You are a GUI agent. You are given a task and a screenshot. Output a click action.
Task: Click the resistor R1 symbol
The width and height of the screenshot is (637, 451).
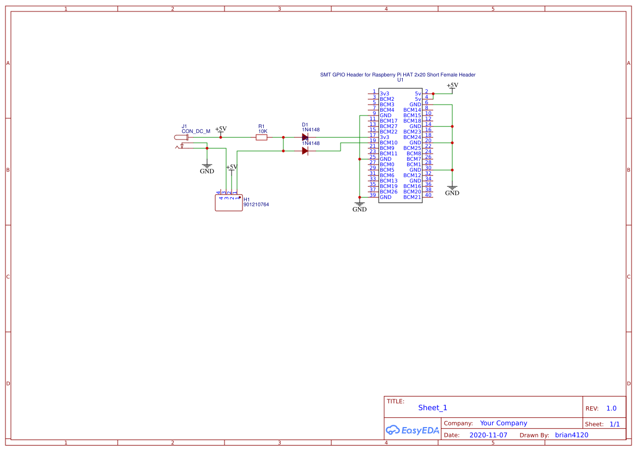pos(262,137)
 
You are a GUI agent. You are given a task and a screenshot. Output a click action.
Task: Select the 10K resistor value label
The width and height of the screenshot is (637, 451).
pos(263,131)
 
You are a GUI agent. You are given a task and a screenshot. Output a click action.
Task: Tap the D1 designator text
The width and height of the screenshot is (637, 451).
pos(305,125)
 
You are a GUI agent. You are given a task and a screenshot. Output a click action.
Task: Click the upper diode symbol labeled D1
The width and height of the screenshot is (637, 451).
pos(305,137)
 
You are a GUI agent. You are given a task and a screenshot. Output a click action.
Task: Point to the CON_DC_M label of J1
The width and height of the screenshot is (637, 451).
pos(196,131)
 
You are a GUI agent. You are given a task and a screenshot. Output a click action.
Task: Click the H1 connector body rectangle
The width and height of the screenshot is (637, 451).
pos(229,203)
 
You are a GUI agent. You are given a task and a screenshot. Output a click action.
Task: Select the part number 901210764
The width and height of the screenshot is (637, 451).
pos(256,205)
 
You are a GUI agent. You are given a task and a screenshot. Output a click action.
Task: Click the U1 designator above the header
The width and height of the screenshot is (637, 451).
pos(401,80)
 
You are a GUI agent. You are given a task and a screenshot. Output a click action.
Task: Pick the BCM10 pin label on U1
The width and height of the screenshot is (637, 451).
pos(389,143)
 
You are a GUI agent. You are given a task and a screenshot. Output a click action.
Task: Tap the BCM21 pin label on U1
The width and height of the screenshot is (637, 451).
pos(412,197)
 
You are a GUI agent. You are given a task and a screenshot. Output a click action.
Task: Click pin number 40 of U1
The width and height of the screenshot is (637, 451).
pos(428,195)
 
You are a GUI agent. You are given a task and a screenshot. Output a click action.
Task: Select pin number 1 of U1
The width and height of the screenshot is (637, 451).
pos(374,92)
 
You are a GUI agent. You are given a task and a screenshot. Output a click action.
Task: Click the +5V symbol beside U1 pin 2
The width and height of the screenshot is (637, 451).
pos(452,86)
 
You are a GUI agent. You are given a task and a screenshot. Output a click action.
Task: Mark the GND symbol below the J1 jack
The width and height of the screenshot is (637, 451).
pos(207,168)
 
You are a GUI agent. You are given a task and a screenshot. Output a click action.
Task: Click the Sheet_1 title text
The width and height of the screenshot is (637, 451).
pos(433,407)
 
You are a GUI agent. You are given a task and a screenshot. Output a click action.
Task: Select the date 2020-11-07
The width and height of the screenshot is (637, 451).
pos(488,435)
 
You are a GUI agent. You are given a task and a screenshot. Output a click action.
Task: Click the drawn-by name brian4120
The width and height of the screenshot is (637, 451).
pos(572,435)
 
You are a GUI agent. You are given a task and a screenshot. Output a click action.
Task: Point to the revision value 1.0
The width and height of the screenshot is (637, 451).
pos(611,409)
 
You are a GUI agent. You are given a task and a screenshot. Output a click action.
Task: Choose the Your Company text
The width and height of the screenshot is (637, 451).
pos(503,423)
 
